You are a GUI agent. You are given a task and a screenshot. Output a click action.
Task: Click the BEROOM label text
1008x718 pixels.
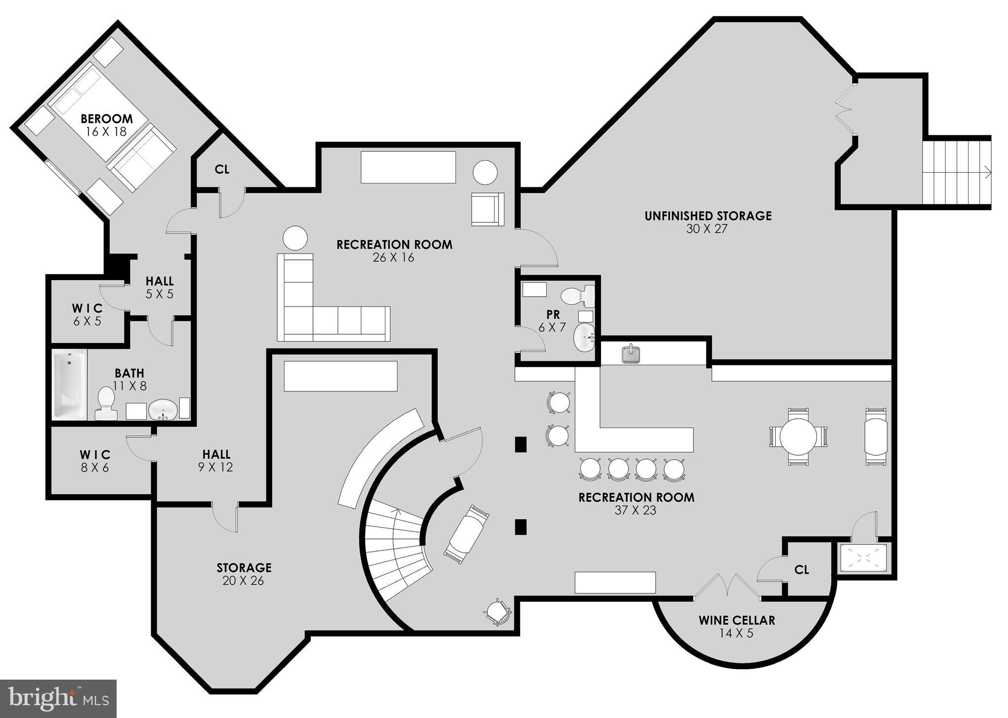click(107, 119)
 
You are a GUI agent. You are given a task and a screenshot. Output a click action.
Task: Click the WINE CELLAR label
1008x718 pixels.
click(736, 620)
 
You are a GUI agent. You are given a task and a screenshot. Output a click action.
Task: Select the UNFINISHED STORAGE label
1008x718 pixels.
click(708, 216)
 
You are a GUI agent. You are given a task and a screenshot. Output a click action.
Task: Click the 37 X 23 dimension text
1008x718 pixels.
click(635, 510)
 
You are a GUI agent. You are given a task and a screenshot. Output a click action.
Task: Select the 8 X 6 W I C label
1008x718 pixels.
click(95, 461)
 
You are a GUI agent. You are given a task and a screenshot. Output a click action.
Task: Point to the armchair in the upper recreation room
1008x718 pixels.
click(487, 209)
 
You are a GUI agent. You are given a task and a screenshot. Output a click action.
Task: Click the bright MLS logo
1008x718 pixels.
click(58, 698)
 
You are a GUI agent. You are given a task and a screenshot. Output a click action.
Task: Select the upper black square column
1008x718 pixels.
click(521, 444)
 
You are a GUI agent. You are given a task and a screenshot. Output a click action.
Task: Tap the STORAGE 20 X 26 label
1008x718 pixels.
click(244, 574)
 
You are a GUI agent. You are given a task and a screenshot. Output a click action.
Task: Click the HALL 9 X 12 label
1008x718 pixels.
click(216, 460)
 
